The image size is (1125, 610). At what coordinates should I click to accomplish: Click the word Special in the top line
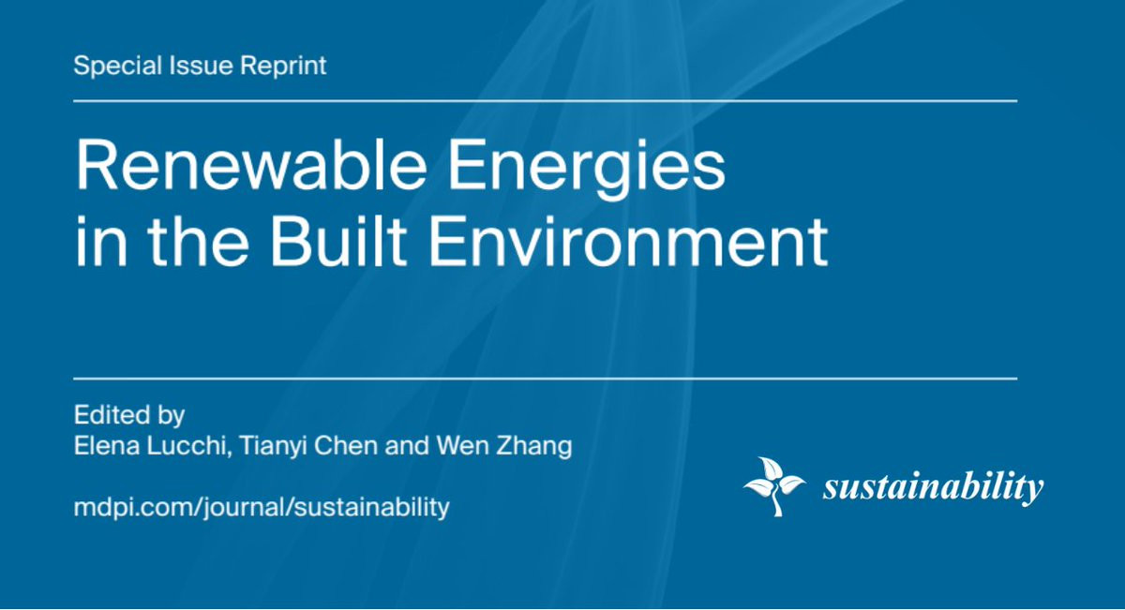click(118, 67)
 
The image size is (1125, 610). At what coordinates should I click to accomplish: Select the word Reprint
click(283, 67)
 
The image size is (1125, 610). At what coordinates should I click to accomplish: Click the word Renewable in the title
click(250, 164)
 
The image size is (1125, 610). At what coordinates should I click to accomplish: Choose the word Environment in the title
click(628, 241)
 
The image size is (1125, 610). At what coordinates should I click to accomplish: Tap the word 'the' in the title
click(199, 240)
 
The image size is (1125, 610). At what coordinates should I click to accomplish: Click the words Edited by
click(129, 416)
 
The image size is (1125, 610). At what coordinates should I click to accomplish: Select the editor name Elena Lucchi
click(149, 445)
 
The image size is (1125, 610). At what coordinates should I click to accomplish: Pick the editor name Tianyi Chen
click(307, 446)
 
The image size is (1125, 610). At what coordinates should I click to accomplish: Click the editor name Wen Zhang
click(503, 446)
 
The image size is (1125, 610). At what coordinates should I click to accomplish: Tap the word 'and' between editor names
click(407, 445)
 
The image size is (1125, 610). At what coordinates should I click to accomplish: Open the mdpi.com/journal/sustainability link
click(262, 507)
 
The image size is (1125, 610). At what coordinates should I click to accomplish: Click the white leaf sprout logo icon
click(775, 486)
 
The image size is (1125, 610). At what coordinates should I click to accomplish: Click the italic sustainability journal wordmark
click(933, 486)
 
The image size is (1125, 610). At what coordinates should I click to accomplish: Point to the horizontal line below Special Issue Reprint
click(546, 101)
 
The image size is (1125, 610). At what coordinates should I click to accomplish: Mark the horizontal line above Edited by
click(546, 379)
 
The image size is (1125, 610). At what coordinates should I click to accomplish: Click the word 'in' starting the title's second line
click(101, 241)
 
